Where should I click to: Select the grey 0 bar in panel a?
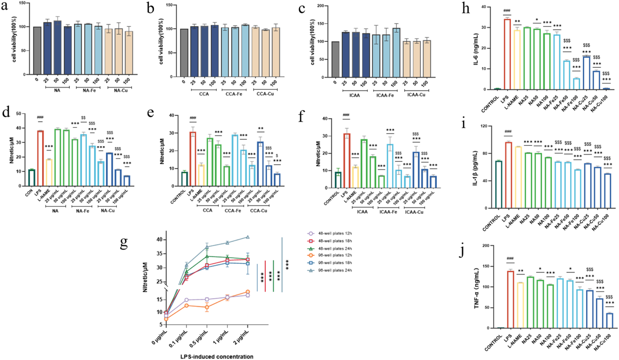coord(37,51)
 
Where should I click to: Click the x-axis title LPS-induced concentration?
coord(217,357)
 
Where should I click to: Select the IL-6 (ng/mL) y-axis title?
coord(476,49)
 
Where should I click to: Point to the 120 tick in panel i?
coord(483,126)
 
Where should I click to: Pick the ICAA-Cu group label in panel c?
coord(416,95)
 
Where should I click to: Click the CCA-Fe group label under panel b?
coord(234,94)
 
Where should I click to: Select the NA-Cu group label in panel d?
coord(108,211)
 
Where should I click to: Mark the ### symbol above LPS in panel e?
coord(193,118)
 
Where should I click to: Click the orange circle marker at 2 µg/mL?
coord(248,292)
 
